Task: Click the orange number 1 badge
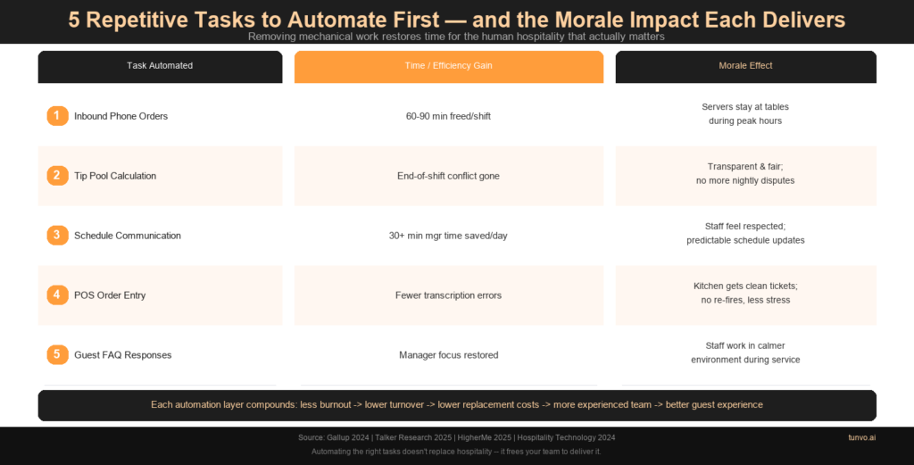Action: [x=57, y=116]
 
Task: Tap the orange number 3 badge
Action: [x=57, y=236]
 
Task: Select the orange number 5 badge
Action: [x=57, y=354]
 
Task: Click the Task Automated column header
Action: [x=160, y=66]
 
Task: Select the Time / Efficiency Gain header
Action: [x=448, y=66]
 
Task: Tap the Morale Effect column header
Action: [x=745, y=66]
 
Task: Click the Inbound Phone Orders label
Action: [x=120, y=116]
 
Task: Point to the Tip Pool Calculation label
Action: [x=115, y=176]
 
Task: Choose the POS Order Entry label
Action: [x=110, y=295]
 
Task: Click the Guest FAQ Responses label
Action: [x=122, y=355]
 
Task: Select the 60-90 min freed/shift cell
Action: [x=448, y=116]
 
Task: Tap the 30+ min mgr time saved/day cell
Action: [x=448, y=236]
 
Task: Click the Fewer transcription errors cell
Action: [x=448, y=295]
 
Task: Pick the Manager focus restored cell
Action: [x=448, y=355]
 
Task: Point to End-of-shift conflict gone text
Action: [x=448, y=176]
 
